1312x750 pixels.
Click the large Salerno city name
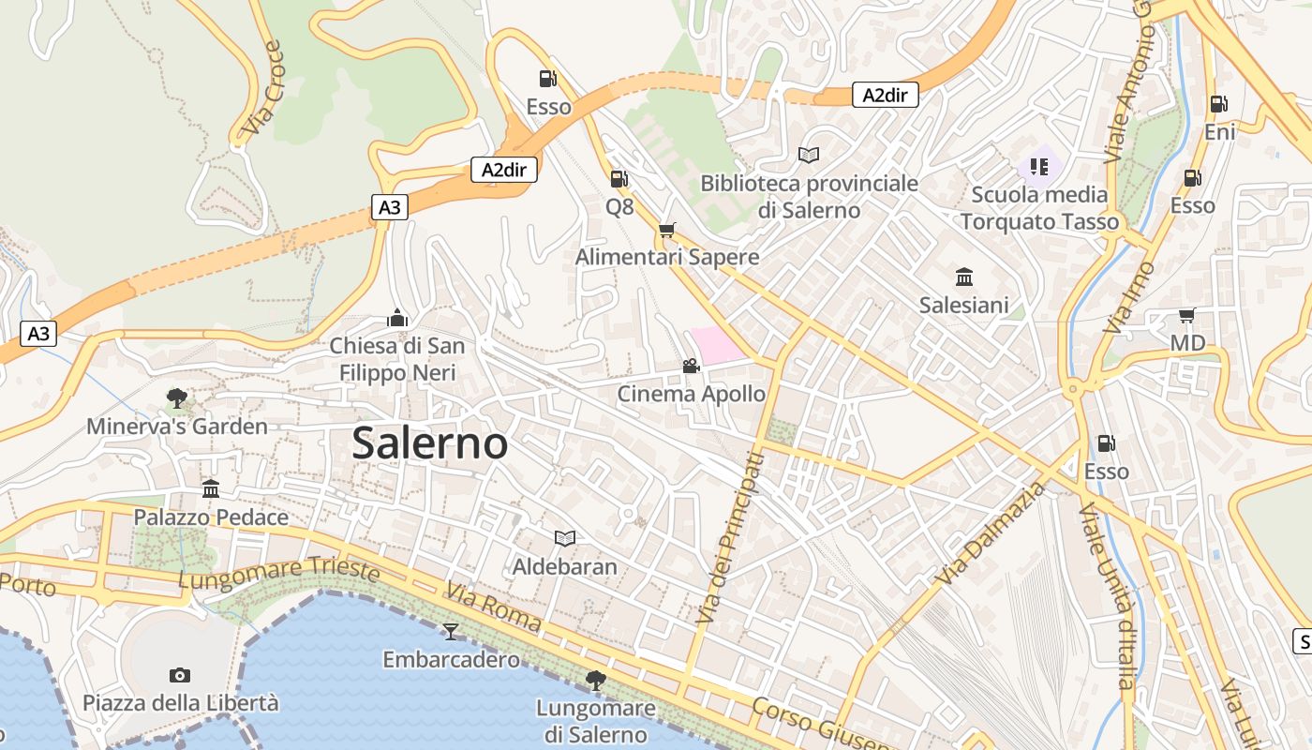tap(429, 443)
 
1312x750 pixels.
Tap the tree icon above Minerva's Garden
tap(176, 398)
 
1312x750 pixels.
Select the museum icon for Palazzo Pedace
tap(211, 488)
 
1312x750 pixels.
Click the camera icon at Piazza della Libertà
tap(180, 675)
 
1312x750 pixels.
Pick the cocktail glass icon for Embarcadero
tap(451, 631)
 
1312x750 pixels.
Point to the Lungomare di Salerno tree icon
tap(595, 680)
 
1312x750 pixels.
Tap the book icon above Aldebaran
tap(564, 538)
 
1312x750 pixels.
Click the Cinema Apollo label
tap(691, 394)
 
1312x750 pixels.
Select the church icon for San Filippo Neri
tap(397, 319)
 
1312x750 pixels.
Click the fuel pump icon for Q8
tap(619, 178)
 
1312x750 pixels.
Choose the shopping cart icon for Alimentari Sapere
tap(667, 230)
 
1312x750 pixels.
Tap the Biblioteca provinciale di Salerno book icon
tap(809, 155)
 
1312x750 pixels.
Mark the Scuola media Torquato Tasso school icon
tap(1038, 167)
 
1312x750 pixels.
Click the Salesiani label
tap(963, 305)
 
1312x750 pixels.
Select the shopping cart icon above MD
tap(1186, 315)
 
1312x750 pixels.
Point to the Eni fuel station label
tap(1219, 132)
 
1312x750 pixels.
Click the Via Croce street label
tap(261, 87)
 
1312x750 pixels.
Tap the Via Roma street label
tap(493, 607)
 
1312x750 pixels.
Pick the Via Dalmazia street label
tap(991, 533)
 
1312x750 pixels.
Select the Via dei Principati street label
tap(730, 538)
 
